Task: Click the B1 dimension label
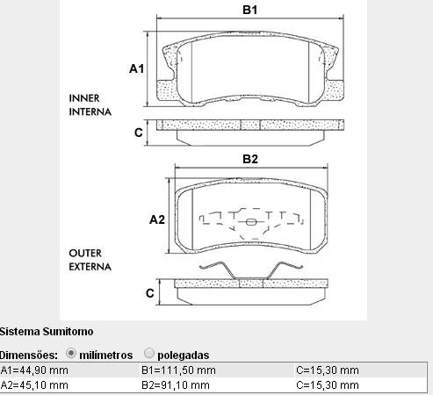250,10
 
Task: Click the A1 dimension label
137,68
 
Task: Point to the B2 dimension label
250,159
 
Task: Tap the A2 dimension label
157,219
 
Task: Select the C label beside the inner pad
139,133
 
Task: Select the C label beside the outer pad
150,293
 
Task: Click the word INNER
84,98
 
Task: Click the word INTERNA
90,111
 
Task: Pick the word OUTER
85,253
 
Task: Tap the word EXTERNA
90,267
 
